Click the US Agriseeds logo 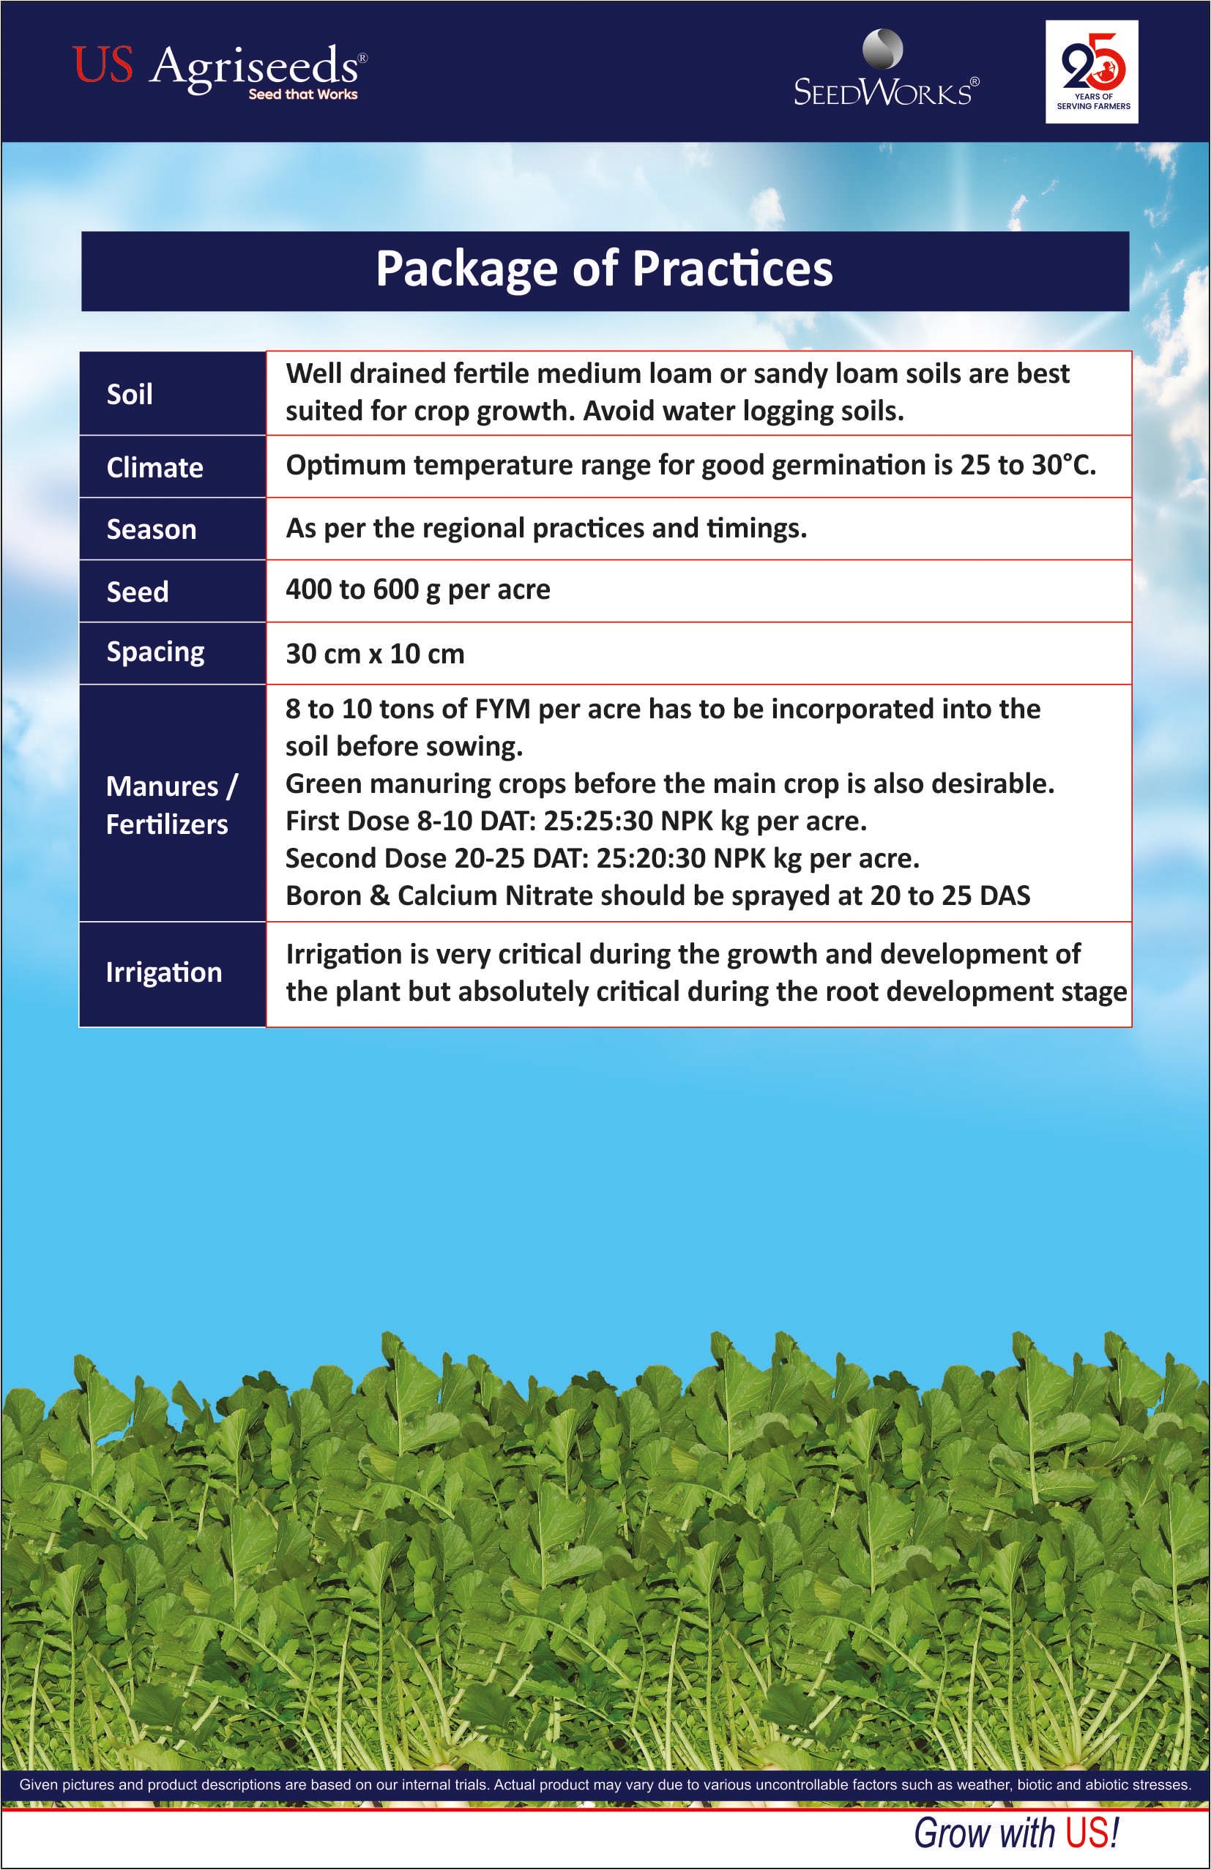click(x=218, y=69)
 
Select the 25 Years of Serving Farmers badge click(x=1092, y=72)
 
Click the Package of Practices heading click(x=603, y=269)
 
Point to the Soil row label click(x=130, y=394)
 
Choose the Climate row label click(x=154, y=467)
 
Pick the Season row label click(x=152, y=529)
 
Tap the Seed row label click(x=138, y=592)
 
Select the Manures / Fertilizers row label click(x=170, y=805)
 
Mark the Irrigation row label click(x=163, y=973)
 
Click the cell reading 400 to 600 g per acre click(x=417, y=590)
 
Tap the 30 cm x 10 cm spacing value click(x=375, y=654)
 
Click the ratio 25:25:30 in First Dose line click(x=598, y=821)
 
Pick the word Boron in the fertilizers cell click(x=323, y=895)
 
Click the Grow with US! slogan click(x=1016, y=1833)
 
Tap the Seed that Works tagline click(x=302, y=94)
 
